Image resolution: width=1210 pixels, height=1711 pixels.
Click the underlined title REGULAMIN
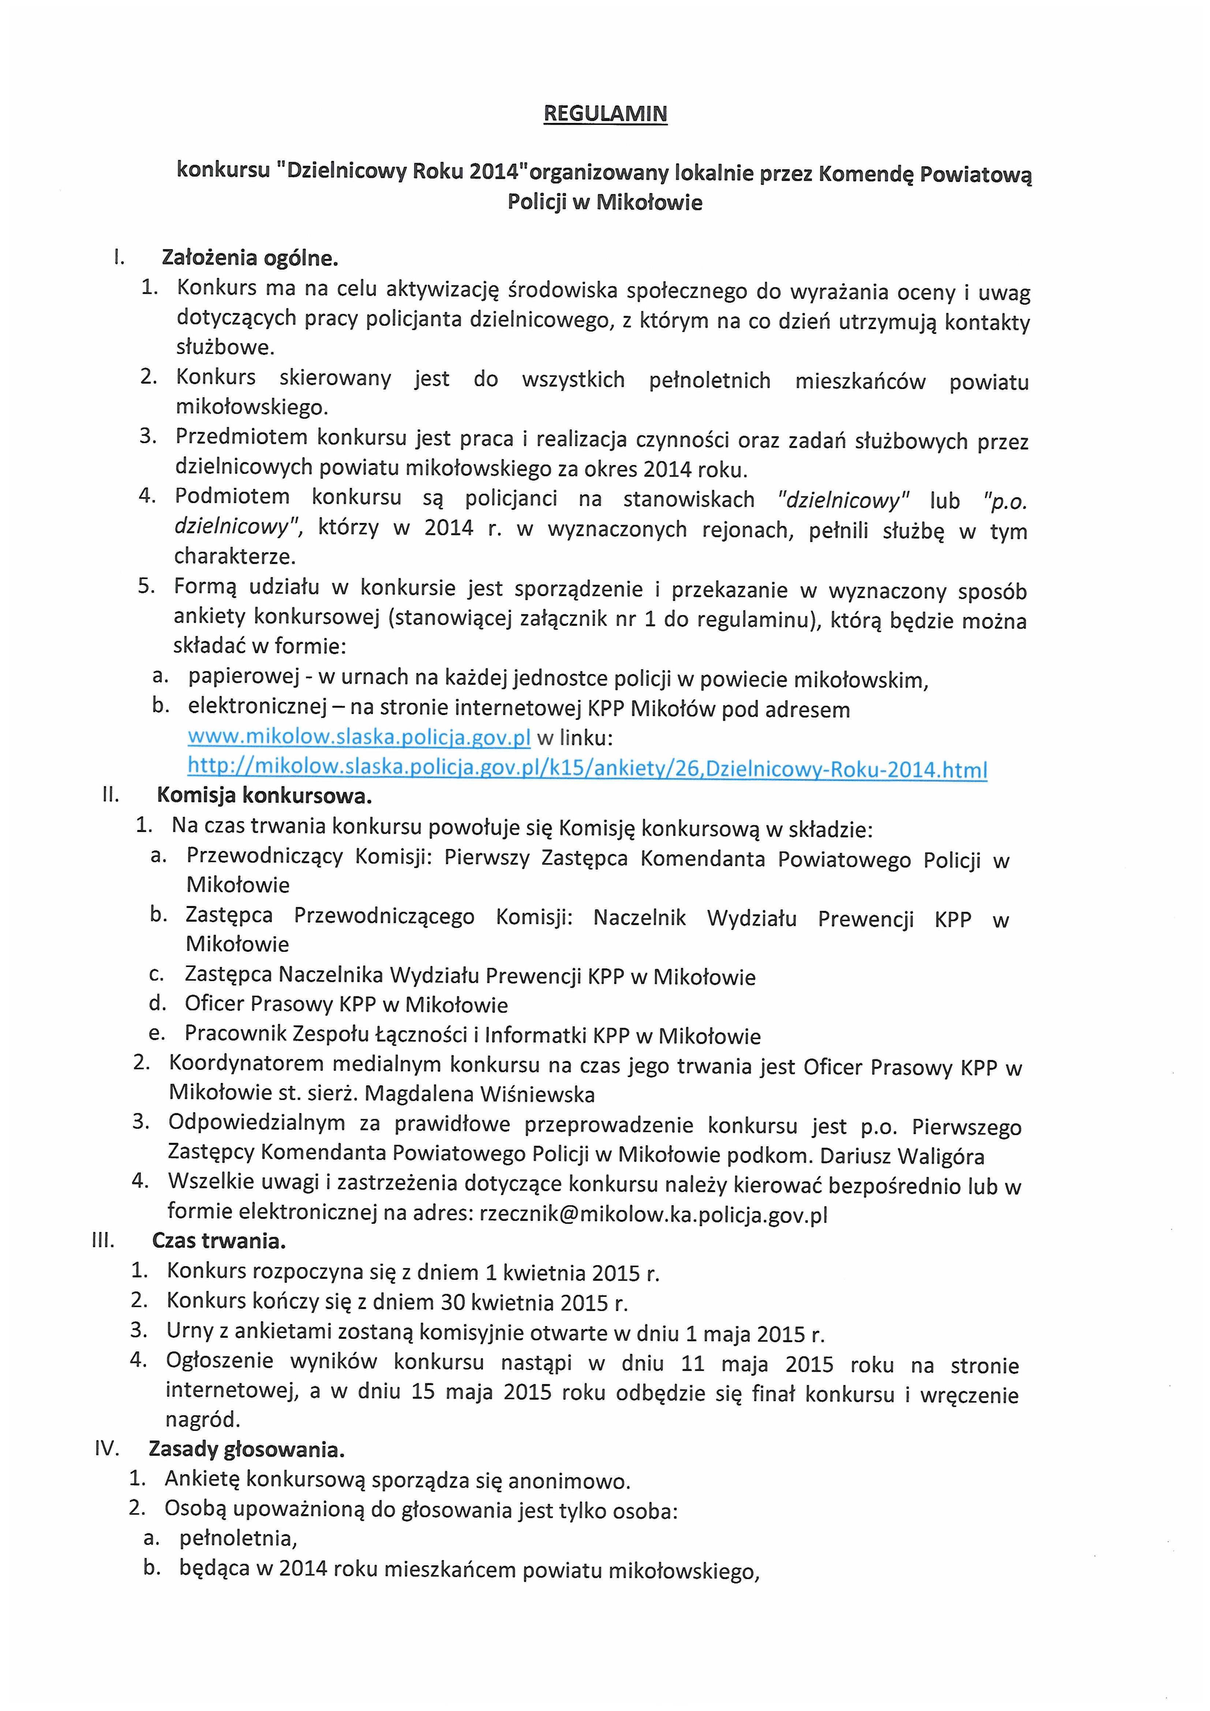point(604,114)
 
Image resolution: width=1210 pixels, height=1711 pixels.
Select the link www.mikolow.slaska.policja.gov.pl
point(359,738)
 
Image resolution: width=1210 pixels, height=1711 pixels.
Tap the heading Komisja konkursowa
point(264,796)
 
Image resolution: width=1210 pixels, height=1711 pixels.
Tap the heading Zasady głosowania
point(247,1449)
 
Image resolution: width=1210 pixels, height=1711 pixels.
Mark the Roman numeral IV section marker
point(107,1449)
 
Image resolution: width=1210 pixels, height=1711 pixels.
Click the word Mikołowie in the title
point(649,203)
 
